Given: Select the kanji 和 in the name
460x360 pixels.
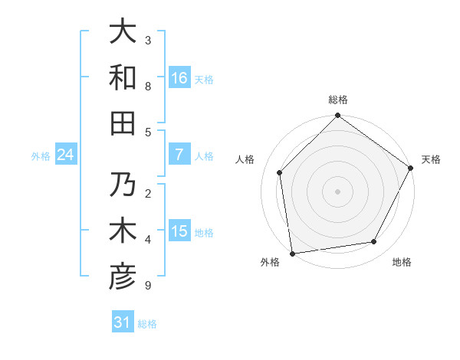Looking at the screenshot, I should tap(123, 78).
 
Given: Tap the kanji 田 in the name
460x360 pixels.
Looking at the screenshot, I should tap(123, 123).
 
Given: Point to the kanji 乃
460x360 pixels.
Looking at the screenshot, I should tap(123, 185).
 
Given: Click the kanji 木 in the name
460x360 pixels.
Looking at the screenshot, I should tap(123, 231).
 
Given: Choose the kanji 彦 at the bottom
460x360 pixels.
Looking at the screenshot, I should tap(123, 277).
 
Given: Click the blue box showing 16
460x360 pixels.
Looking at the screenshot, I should tap(179, 78).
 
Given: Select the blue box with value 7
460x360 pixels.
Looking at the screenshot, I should tap(179, 155).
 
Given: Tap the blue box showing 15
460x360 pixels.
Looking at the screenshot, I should tap(179, 231).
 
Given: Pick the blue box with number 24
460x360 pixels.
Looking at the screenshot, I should tap(65, 155).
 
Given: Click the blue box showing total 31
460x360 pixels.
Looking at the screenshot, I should tap(123, 322).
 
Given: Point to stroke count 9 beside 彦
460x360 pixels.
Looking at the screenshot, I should tap(148, 286).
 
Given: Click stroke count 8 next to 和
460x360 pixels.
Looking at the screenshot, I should tap(148, 86).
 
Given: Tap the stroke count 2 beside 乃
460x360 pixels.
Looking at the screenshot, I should tap(148, 193).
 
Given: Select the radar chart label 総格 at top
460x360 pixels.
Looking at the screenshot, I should tap(337, 100).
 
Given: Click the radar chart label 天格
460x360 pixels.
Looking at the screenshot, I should tap(431, 159).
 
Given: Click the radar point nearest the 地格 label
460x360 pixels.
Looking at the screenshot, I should tap(374, 242).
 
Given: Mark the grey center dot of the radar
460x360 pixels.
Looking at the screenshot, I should tap(337, 191).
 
